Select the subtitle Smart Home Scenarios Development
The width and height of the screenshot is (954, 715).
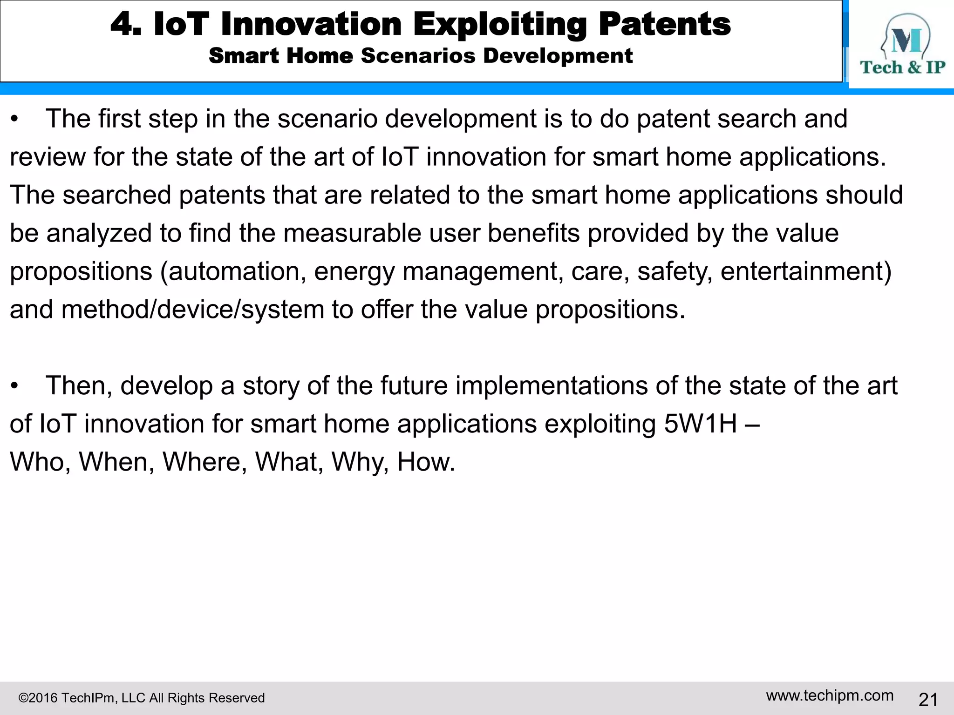(420, 56)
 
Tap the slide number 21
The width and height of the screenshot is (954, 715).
(928, 700)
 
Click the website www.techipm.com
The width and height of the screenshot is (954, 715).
(830, 695)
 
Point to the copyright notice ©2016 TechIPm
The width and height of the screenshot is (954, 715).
(141, 698)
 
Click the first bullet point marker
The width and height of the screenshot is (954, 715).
(15, 120)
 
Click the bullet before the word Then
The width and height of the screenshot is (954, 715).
(15, 387)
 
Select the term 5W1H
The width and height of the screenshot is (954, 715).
(700, 424)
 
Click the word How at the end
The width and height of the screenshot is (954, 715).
(425, 462)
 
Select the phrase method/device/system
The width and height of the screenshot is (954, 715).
(192, 310)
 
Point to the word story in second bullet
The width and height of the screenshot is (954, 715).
(271, 386)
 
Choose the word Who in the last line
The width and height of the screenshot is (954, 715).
(40, 462)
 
